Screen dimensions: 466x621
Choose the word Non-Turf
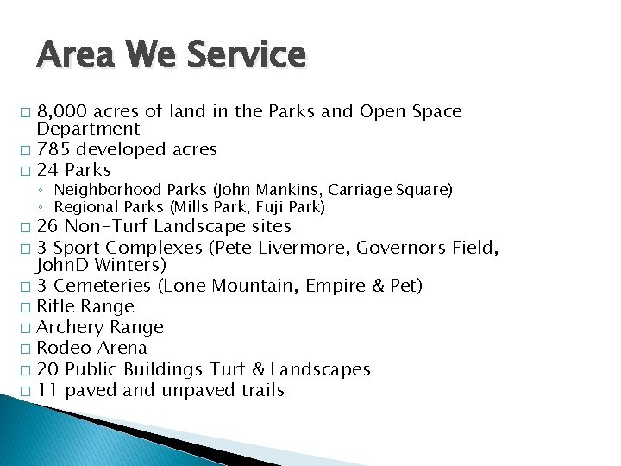tap(110, 227)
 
